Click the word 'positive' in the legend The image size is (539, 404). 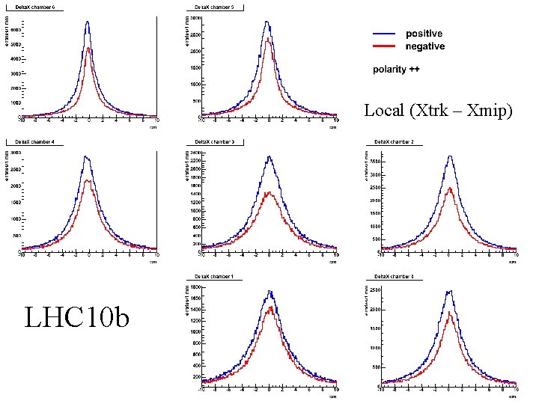coord(424,34)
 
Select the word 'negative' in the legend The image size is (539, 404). coord(424,46)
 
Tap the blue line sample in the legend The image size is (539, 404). coord(384,34)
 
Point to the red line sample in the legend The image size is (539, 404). coord(384,46)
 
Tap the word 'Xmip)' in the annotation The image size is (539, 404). coord(490,111)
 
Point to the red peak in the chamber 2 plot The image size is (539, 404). coord(450,188)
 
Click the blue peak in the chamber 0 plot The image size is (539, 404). coord(449,291)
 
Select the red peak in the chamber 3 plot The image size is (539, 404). coord(269,192)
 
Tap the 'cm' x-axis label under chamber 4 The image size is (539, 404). coord(153,262)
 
